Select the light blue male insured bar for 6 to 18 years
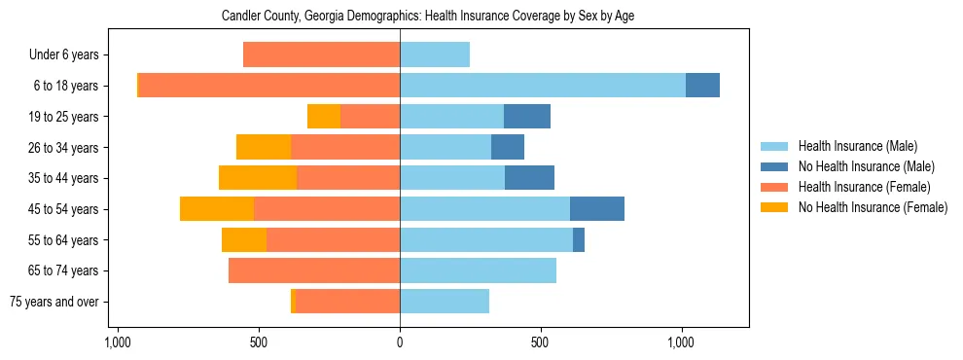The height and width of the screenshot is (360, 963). point(542,86)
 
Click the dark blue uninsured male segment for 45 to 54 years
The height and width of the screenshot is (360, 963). point(596,209)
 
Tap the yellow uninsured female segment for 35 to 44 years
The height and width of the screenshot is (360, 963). point(258,178)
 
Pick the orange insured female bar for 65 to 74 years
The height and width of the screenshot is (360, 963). point(313,270)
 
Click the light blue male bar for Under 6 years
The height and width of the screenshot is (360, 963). point(435,54)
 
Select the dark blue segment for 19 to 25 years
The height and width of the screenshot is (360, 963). point(526,117)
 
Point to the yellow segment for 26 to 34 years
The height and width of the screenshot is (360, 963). point(264,147)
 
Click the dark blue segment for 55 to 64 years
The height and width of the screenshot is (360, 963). point(579,239)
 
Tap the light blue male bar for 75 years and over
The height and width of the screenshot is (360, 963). point(445,302)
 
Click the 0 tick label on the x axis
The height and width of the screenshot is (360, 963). point(400,343)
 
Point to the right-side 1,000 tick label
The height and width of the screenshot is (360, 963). point(681,343)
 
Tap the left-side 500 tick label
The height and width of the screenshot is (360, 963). point(259,343)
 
